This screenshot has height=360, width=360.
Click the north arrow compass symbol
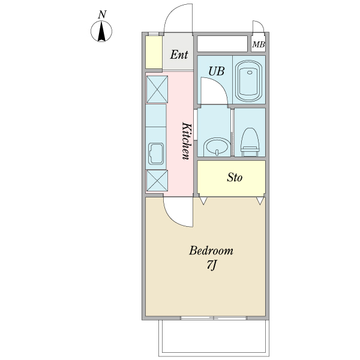point(101,31)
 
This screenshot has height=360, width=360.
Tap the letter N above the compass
point(102,14)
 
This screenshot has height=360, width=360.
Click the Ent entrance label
point(179,55)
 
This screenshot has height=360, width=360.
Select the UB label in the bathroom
point(216,71)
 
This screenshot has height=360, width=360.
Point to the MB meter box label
point(259,44)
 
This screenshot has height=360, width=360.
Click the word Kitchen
point(187,141)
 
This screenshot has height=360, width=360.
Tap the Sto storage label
point(235,178)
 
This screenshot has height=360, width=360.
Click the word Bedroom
point(211,250)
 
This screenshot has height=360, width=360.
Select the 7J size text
point(211,265)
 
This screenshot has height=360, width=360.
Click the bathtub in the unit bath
point(249,81)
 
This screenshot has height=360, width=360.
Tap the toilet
point(250,142)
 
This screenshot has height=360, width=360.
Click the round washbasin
point(217,147)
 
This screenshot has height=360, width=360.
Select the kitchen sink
point(156,154)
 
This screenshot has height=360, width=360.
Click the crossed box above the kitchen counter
point(157,89)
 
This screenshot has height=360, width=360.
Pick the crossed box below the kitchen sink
point(157,181)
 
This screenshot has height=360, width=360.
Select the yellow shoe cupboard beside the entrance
point(154,52)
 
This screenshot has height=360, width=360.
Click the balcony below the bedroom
point(214,338)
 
